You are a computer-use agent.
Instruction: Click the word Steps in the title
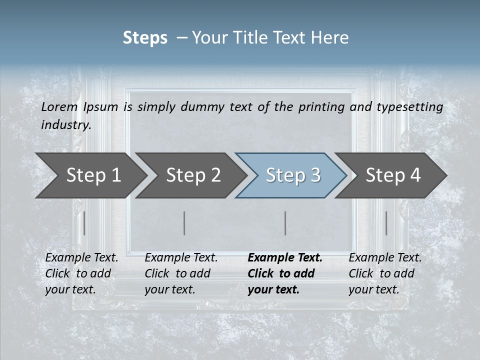[145, 38]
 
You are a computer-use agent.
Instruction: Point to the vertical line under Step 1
[84, 223]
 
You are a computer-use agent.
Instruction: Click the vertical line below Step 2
[184, 223]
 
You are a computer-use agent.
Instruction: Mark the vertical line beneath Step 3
[285, 223]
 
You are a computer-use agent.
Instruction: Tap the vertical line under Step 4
[386, 223]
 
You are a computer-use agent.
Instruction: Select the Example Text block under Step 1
[81, 273]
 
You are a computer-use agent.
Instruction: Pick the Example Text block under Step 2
[181, 273]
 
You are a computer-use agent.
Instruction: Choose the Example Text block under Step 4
[385, 273]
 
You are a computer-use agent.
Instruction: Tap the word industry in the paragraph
[65, 125]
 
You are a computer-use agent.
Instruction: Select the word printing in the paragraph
[321, 107]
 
